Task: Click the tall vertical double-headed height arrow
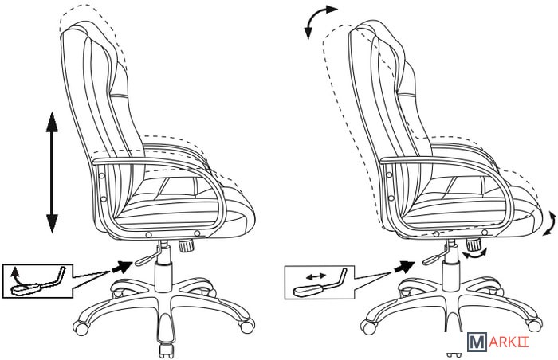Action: pyautogui.click(x=53, y=173)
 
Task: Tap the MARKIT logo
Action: pyautogui.click(x=498, y=342)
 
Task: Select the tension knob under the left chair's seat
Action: pyautogui.click(x=186, y=245)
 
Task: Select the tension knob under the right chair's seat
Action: pyautogui.click(x=474, y=244)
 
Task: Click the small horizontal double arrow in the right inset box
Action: pyautogui.click(x=316, y=276)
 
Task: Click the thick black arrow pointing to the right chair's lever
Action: pyautogui.click(x=404, y=266)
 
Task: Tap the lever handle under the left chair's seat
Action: pyautogui.click(x=146, y=260)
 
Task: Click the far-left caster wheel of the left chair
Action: pyautogui.click(x=80, y=326)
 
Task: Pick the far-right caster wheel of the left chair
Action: pyautogui.click(x=246, y=325)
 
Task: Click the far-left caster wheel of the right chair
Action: pyautogui.click(x=368, y=326)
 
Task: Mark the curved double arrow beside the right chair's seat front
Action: pyautogui.click(x=550, y=223)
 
